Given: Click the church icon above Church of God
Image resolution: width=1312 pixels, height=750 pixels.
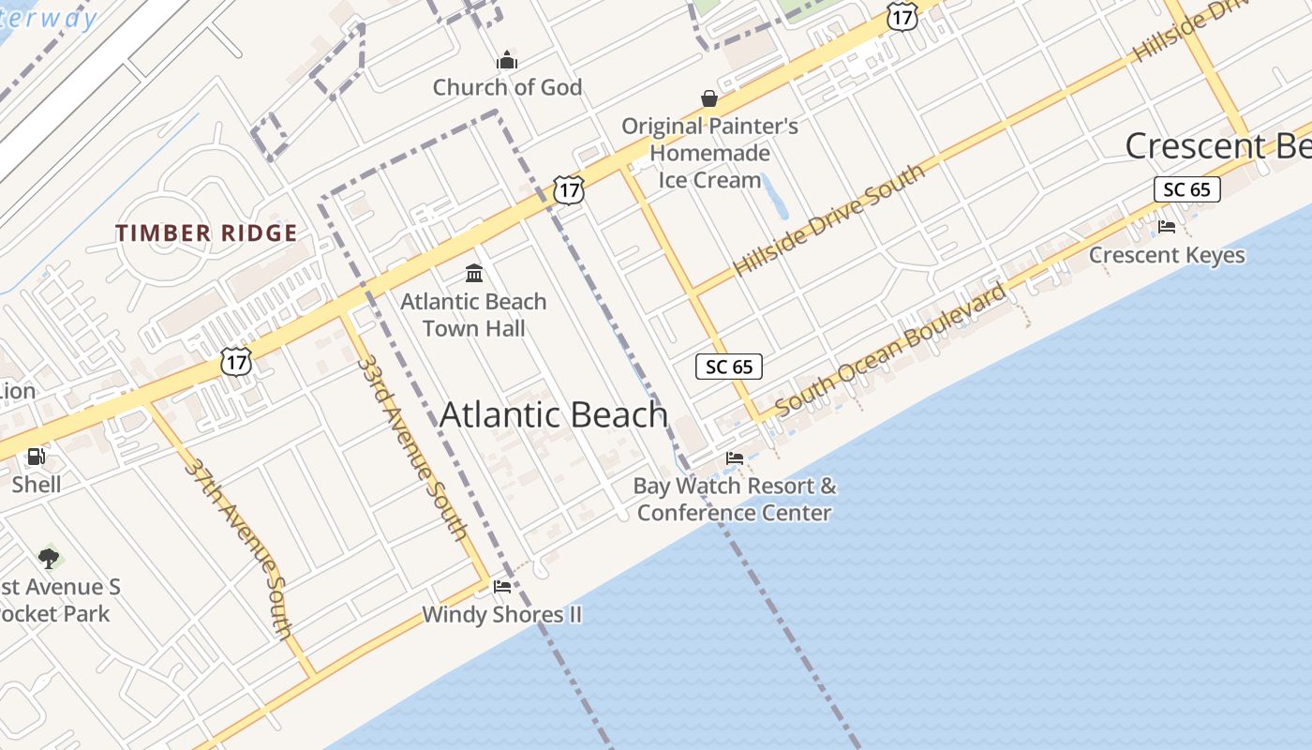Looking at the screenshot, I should coord(507,61).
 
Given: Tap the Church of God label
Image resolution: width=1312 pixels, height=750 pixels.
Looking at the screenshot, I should coord(507,87).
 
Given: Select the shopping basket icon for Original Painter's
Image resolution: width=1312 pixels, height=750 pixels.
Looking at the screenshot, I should coord(709,98).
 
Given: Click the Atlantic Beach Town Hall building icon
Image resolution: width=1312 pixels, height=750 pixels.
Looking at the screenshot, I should coord(474,274).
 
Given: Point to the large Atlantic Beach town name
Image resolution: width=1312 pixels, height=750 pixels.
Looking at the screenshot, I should coord(553,414).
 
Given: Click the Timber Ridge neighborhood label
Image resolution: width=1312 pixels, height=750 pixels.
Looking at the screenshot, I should coord(206,233).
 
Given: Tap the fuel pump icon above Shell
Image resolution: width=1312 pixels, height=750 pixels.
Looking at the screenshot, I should coord(37,457).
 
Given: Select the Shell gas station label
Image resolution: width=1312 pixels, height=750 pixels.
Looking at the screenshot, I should coord(37,485).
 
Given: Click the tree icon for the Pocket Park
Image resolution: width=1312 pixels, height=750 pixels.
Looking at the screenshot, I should coord(49,559).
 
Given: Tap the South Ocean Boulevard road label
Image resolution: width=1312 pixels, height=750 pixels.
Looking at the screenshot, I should coord(891,349).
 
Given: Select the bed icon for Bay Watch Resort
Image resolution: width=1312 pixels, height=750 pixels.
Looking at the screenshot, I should coord(735,458).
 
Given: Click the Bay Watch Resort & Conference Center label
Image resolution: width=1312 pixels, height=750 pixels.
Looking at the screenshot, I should coord(735,499).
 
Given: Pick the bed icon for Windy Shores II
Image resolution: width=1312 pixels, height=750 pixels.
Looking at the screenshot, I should coord(502,587).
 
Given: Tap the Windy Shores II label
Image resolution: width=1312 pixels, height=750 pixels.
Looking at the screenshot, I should coord(502,615).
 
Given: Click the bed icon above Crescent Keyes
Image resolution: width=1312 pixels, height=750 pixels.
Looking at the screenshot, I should coord(1167,227).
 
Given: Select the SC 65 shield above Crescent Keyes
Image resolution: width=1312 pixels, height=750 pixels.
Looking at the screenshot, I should coord(1186,189).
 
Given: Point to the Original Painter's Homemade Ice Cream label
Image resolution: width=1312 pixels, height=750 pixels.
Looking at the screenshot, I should coord(709,153).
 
